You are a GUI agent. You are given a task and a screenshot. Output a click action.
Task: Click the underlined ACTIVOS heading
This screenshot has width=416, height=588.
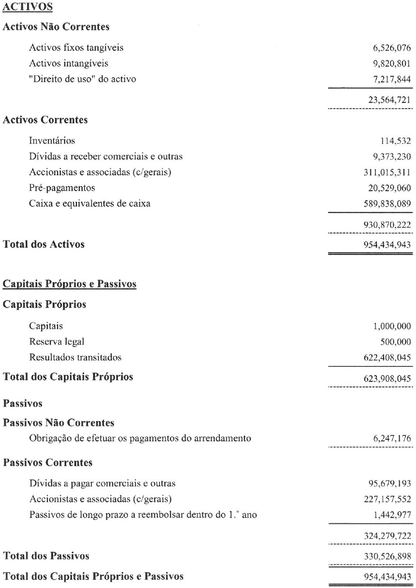tap(28, 8)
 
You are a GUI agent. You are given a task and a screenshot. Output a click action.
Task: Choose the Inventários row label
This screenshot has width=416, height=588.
tap(52, 141)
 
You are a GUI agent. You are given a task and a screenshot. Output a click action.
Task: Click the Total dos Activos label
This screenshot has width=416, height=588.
tap(44, 244)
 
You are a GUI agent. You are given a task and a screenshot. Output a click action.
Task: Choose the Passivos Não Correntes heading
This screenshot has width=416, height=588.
tap(58, 423)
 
